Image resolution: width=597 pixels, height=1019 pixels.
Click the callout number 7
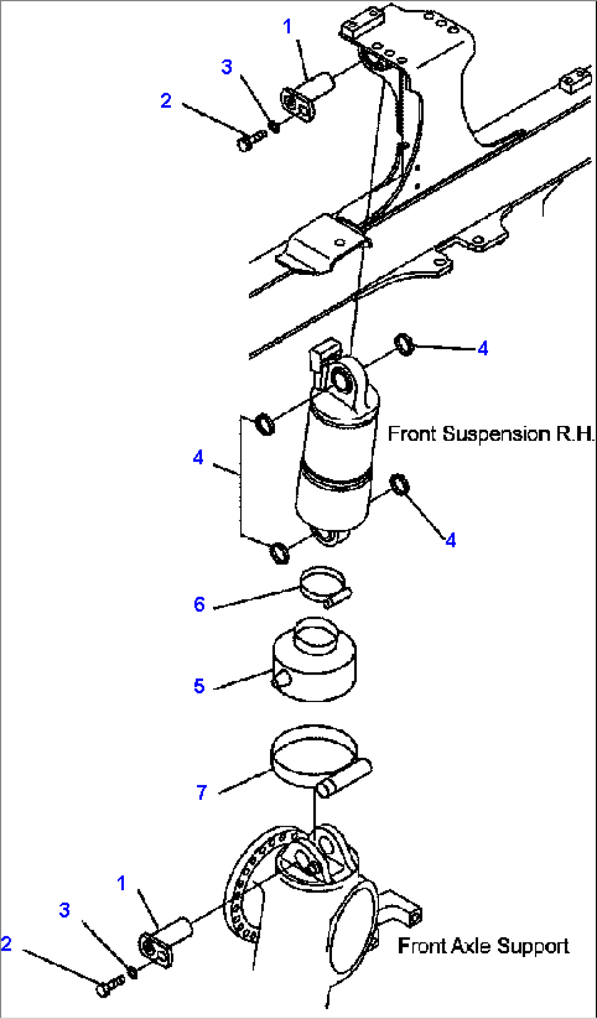(x=202, y=792)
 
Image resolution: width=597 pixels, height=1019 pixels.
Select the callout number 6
(x=199, y=605)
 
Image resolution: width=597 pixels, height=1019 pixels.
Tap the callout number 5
(x=199, y=686)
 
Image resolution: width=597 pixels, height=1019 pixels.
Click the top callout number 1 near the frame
(x=288, y=26)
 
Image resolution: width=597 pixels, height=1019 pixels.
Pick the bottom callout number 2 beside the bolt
(x=6, y=943)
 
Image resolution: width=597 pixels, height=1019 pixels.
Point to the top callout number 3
(x=227, y=67)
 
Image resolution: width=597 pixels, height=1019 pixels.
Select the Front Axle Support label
(x=483, y=946)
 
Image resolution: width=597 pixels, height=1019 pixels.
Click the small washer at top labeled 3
(x=275, y=127)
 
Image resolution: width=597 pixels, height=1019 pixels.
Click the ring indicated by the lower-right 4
(x=400, y=484)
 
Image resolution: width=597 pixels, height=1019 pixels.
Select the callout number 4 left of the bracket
(x=198, y=457)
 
